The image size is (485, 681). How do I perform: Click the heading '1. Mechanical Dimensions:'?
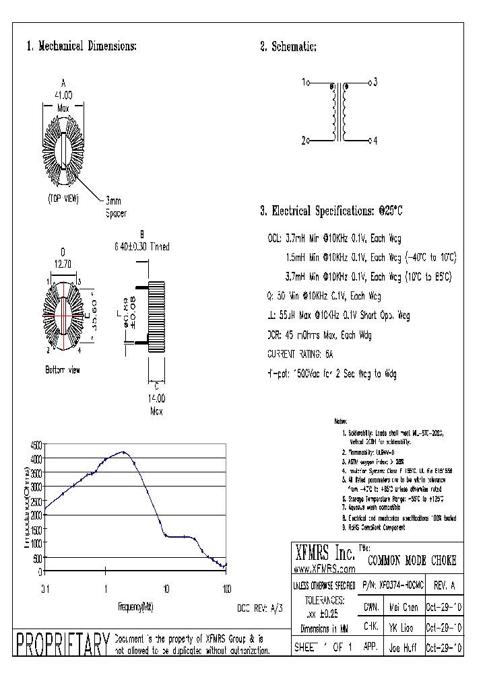[82, 46]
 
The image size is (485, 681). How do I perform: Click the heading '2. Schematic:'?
[288, 46]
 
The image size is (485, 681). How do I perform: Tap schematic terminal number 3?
[375, 82]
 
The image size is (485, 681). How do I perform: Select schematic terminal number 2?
[304, 141]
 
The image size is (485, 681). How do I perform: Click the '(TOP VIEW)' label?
[64, 199]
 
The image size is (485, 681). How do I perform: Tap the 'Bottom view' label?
[63, 369]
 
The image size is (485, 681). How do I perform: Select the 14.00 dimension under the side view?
[156, 398]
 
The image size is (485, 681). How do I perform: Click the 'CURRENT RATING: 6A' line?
[300, 354]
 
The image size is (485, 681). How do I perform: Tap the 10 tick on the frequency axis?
[166, 589]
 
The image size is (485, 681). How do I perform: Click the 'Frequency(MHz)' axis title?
[135, 607]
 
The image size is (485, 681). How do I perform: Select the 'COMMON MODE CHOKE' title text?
[412, 560]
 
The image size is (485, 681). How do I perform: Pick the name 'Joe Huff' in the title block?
[403, 649]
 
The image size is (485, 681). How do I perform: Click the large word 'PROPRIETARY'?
[62, 644]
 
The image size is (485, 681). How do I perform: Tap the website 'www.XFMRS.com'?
[326, 569]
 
